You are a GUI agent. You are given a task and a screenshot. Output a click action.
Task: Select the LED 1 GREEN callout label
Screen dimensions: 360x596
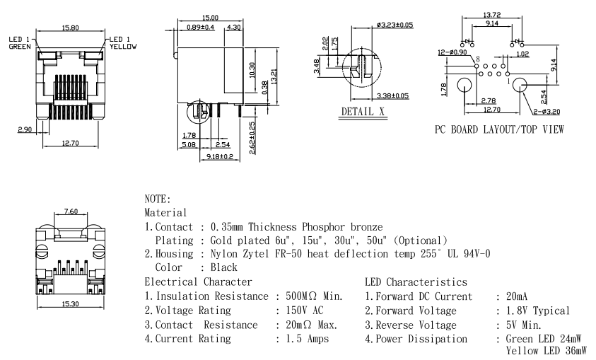[x=19, y=42]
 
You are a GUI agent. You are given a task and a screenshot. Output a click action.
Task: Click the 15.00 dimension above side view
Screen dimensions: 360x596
[x=209, y=17]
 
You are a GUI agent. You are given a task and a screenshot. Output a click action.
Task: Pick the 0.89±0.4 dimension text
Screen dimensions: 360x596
[x=201, y=26]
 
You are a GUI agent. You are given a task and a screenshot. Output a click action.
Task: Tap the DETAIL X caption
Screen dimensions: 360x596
[x=363, y=112]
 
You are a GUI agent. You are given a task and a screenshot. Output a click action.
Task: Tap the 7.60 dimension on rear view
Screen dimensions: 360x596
[x=71, y=211]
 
